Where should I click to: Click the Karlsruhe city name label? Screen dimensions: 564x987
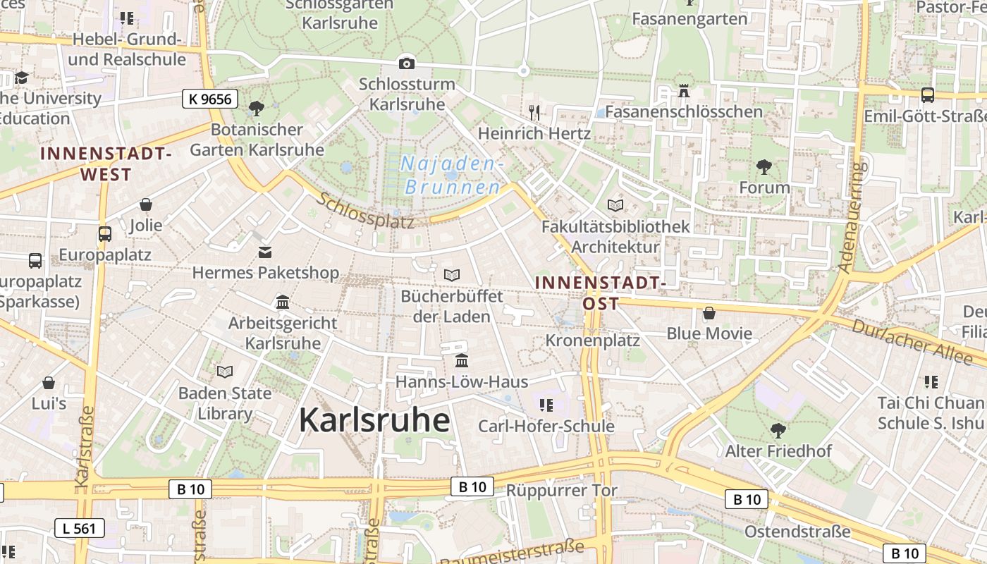pos(374,420)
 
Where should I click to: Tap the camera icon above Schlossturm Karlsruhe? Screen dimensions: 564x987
pos(406,63)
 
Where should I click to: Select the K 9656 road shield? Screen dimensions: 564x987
pos(210,99)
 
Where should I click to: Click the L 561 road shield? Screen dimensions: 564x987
pos(80,527)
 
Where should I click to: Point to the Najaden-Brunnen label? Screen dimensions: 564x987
pos(453,176)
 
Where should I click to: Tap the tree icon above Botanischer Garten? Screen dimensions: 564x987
pos(257,108)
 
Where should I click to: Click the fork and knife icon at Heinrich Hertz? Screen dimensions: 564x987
pos(534,112)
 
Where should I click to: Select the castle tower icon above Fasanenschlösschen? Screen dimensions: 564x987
pos(683,91)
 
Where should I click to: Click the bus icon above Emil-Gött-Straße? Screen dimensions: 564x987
pos(928,94)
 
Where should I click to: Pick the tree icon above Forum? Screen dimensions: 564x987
pos(764,167)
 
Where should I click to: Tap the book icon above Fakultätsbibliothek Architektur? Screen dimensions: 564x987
pos(615,205)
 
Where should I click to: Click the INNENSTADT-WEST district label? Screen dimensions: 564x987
pos(106,164)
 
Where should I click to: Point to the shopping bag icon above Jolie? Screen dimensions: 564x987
pos(146,204)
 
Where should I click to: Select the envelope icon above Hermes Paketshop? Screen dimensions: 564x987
pos(265,252)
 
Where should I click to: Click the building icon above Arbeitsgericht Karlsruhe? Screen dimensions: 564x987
pos(283,302)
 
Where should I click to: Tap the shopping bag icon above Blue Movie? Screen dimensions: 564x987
pos(709,312)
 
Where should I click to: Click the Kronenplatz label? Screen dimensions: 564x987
pos(593,341)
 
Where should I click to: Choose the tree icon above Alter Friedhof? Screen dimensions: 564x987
pos(778,430)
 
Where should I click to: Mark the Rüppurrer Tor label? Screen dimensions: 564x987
pos(562,491)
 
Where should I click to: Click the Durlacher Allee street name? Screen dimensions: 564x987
pos(912,341)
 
